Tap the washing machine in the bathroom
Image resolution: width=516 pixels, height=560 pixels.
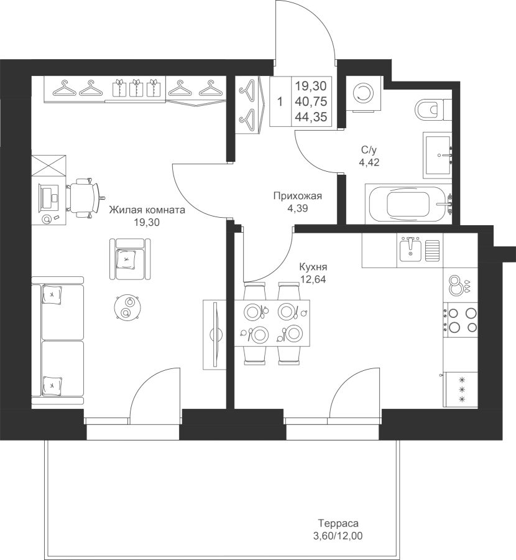(363, 93)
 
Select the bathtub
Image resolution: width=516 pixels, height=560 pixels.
(408, 204)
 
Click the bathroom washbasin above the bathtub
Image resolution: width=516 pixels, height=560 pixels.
(438, 155)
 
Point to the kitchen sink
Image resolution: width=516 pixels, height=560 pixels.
(410, 250)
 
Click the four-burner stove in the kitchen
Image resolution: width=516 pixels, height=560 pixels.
(460, 320)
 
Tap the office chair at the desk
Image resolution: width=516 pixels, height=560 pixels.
(85, 197)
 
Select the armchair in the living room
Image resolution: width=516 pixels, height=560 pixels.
(130, 259)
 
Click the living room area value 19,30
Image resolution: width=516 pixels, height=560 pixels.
(147, 223)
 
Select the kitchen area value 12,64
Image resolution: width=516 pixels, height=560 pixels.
(313, 279)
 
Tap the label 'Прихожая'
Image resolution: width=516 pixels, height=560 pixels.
(298, 196)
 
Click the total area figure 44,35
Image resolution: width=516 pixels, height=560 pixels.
(311, 117)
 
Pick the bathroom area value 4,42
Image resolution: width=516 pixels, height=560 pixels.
(369, 162)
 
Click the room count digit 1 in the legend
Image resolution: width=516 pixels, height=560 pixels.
(280, 102)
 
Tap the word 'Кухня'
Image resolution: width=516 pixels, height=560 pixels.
(313, 267)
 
